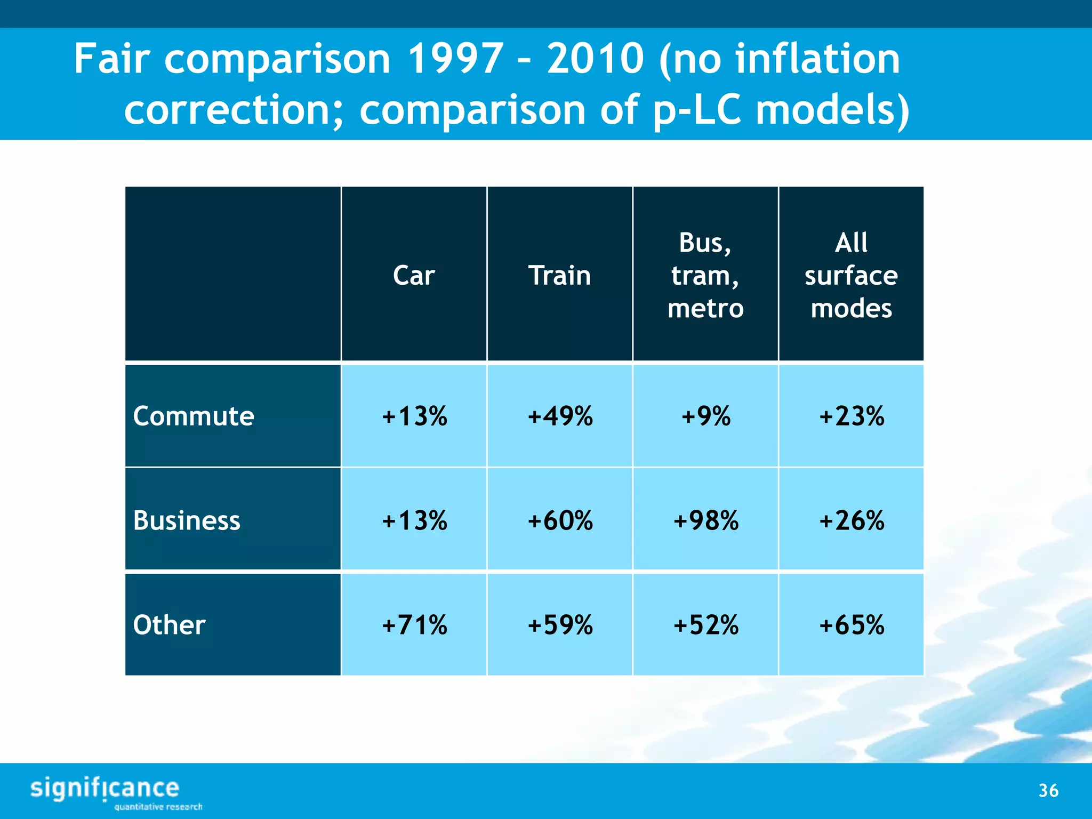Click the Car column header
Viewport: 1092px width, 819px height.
(414, 275)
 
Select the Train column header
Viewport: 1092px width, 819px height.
(559, 275)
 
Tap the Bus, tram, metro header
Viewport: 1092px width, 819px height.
(705, 275)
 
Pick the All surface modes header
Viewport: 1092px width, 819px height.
(851, 275)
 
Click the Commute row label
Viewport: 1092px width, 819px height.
(194, 416)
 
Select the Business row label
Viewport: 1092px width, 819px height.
(187, 520)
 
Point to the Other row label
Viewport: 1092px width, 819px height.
(169, 625)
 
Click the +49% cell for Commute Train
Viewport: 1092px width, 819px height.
(560, 416)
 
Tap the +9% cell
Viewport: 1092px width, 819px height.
(705, 416)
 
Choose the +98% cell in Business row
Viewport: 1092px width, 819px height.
(705, 520)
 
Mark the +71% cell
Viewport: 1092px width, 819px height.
(414, 625)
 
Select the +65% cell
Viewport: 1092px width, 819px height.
(852, 625)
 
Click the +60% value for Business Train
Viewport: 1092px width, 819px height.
(560, 520)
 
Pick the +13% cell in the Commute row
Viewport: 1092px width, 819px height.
(414, 416)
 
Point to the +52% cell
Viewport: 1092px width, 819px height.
(705, 625)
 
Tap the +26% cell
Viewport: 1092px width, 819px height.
(852, 520)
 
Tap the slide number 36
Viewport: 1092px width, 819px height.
(1048, 790)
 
